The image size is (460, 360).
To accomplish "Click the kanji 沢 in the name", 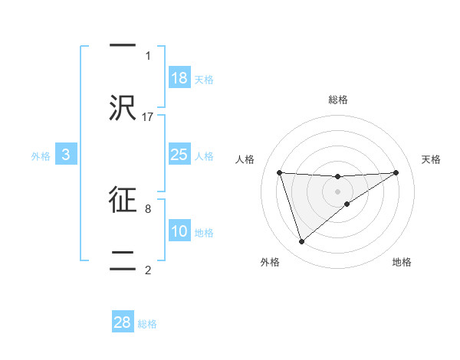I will coord(123,108).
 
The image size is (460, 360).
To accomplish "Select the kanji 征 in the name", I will coord(123,198).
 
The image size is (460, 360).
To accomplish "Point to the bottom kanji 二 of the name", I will coord(123,259).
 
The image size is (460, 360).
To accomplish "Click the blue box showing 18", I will coord(179,77).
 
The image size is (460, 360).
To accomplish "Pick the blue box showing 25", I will coord(179,155).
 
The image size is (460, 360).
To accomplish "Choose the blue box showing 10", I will coord(179,231).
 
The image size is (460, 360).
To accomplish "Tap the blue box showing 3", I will coord(66,155).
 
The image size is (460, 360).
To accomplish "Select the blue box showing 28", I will coord(123,322).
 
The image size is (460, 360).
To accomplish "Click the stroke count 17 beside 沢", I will coord(148,116).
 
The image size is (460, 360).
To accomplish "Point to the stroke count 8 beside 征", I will coord(148,208).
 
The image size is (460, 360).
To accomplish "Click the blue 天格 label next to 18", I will coord(204,79).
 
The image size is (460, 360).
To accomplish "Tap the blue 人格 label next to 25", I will coord(204,156).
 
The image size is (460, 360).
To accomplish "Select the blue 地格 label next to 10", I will coord(204,233).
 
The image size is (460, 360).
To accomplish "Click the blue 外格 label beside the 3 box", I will coord(41,156).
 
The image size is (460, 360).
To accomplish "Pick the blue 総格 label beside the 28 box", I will coord(147,324).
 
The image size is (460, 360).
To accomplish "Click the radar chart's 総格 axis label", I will coord(338,100).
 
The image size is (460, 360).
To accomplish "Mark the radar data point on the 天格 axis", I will coord(396,172).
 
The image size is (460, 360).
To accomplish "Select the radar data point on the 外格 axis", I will coord(301,242).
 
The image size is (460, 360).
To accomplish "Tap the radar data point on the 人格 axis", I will coord(280,172).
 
